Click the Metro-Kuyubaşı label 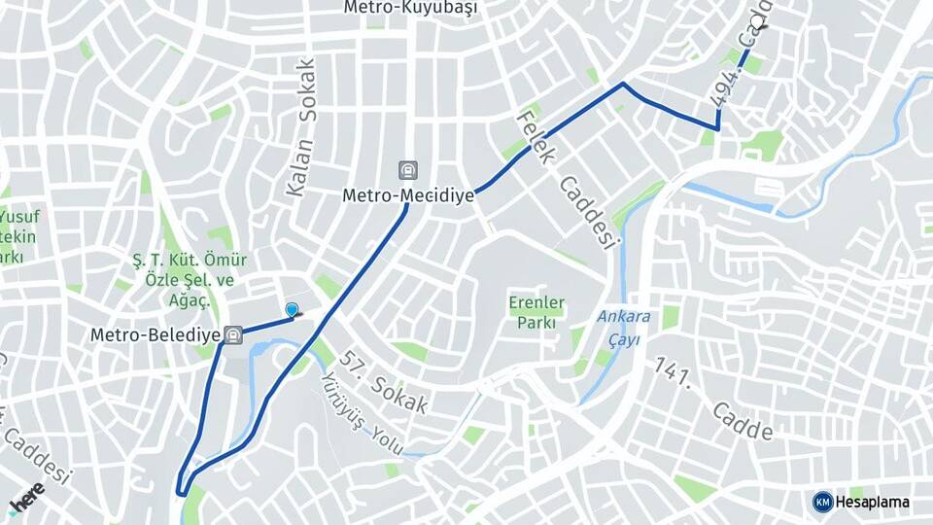(410, 8)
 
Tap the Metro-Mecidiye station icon (408, 171)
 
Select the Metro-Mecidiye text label (408, 195)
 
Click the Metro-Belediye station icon (232, 335)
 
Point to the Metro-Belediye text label (155, 335)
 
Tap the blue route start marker (292, 310)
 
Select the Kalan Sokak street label (301, 127)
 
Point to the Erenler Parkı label (536, 312)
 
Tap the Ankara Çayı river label (623, 326)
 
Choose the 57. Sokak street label (385, 382)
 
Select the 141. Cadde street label (714, 399)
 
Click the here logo (27, 497)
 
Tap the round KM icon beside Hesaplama (822, 502)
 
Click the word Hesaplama (873, 502)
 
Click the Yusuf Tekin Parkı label (17, 236)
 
